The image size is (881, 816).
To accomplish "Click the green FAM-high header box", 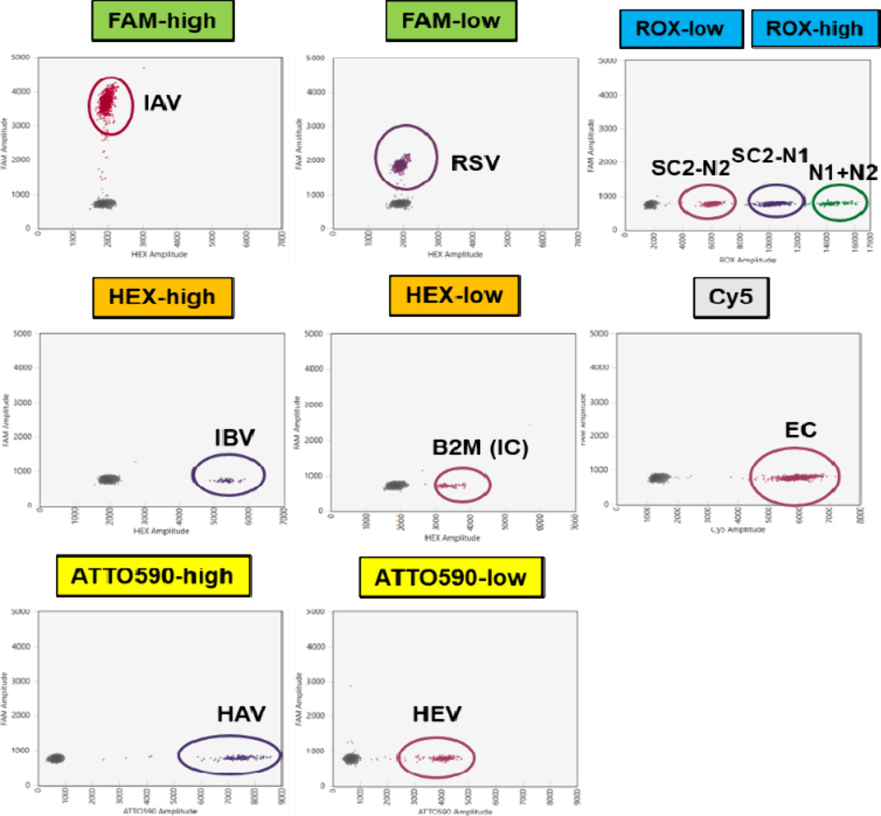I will (x=163, y=21).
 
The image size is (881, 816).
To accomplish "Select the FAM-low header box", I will (x=451, y=21).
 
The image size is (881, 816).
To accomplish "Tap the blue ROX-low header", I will (x=681, y=29).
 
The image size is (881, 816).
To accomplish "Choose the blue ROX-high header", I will (x=815, y=29).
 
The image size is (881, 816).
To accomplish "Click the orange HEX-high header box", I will (x=163, y=297).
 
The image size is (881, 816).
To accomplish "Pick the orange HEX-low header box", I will (x=454, y=295).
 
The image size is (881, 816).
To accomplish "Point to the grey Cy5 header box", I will (x=731, y=297).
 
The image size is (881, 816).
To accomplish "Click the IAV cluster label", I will (x=162, y=103).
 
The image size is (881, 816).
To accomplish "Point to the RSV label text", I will (x=475, y=163).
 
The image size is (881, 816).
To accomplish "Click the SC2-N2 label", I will (x=690, y=169).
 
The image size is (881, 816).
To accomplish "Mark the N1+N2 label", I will (x=843, y=173).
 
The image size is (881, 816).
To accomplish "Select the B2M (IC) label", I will (x=480, y=448).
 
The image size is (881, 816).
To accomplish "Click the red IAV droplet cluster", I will (x=108, y=101).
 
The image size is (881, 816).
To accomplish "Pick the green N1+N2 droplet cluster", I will (x=839, y=203).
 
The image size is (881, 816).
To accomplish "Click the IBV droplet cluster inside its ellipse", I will (x=227, y=481).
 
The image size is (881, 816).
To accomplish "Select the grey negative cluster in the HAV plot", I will (x=56, y=758).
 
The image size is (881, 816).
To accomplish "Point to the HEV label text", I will (x=437, y=714).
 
